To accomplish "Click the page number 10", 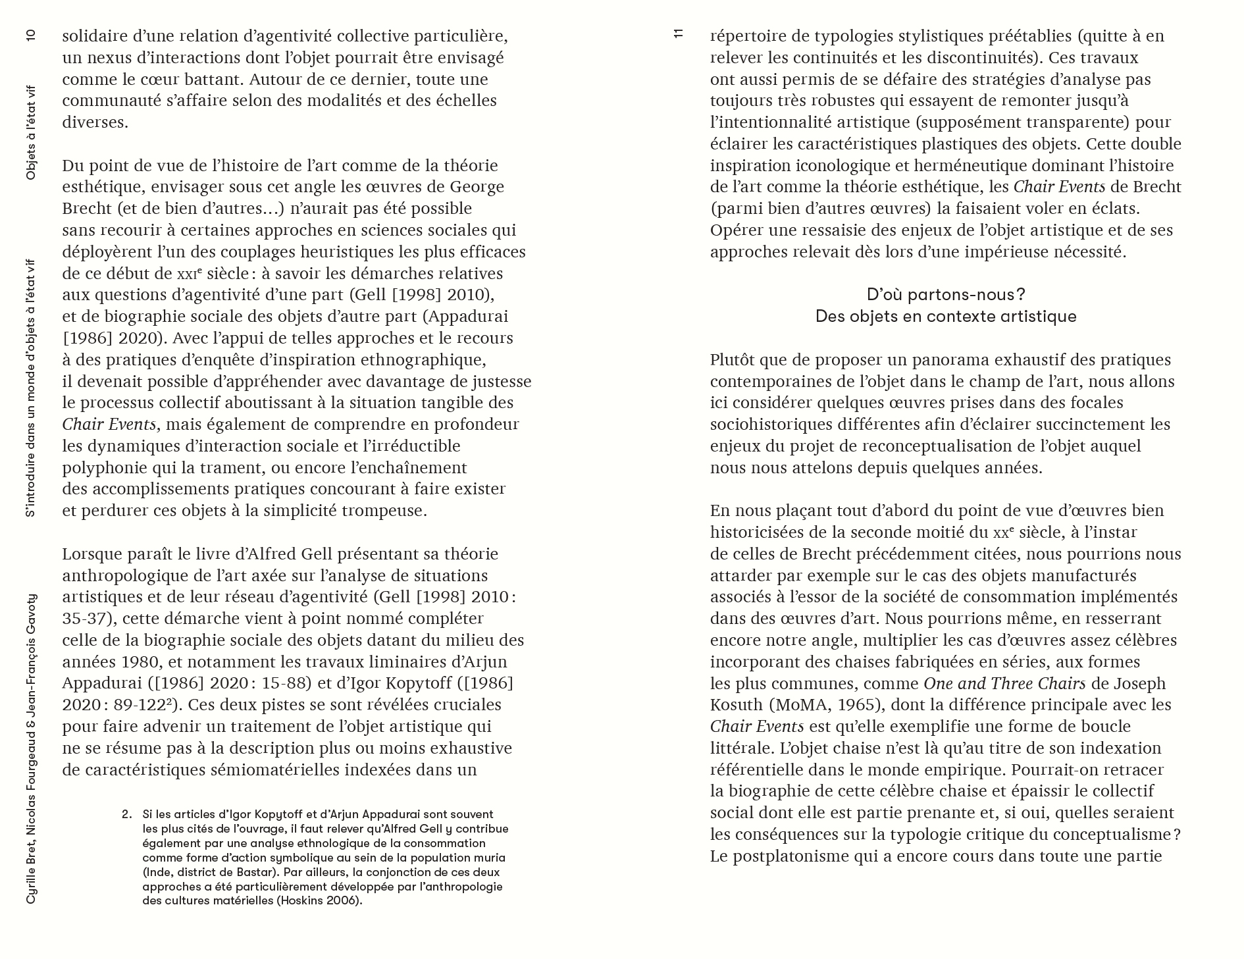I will pos(31,36).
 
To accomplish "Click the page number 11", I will pos(679,35).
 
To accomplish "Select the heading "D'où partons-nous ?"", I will pos(946,294).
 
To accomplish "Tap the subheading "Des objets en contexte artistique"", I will pos(946,316).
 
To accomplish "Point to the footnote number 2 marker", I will pos(127,814).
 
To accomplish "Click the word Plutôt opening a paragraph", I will pos(734,360).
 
